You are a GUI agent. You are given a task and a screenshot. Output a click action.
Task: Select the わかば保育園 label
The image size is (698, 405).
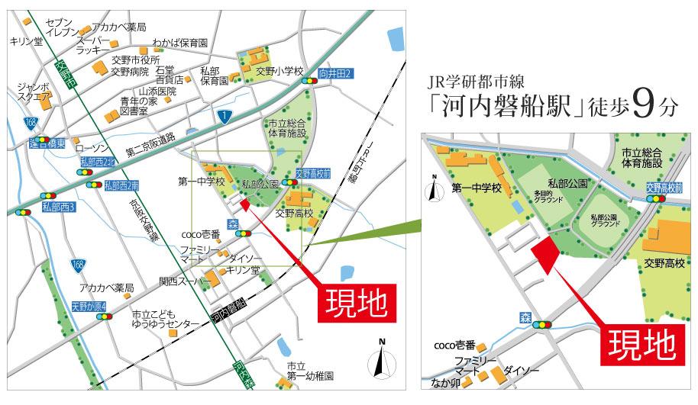[179, 43]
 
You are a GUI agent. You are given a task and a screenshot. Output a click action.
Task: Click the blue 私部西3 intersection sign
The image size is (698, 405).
[59, 206]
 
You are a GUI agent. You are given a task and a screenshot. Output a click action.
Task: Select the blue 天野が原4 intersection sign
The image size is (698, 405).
[89, 307]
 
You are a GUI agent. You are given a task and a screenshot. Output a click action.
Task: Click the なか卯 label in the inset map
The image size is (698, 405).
[445, 384]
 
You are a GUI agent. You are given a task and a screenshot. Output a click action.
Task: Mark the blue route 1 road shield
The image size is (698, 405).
[224, 116]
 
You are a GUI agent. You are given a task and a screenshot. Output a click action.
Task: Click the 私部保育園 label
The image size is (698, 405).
[215, 75]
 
